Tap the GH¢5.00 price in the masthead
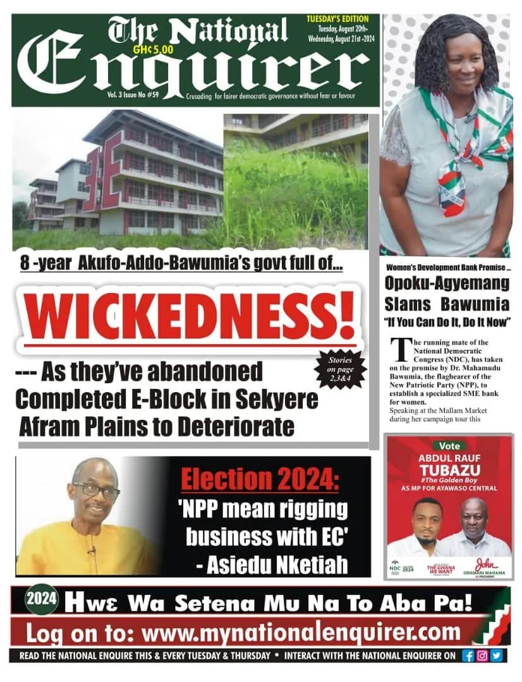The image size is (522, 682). (157, 45)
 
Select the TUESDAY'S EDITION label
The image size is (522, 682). (342, 20)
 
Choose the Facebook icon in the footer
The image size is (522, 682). (468, 655)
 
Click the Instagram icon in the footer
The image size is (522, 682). (482, 655)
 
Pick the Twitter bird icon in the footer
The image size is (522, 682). (496, 655)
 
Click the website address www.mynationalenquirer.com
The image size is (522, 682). (301, 631)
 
